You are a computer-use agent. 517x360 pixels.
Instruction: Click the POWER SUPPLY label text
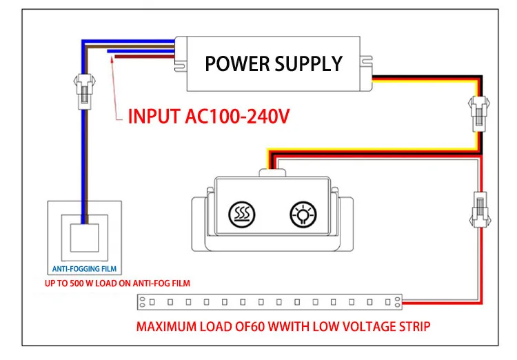tap(274, 64)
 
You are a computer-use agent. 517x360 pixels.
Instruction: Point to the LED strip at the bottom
tap(269, 302)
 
